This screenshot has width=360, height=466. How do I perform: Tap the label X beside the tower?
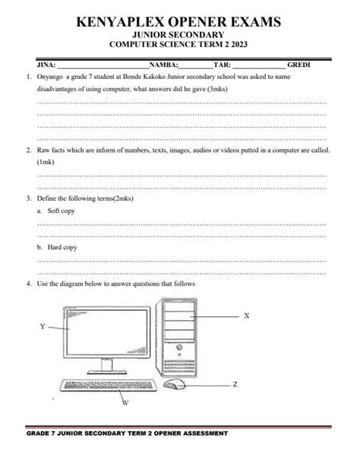pyautogui.click(x=248, y=315)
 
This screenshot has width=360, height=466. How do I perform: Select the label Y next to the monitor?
pyautogui.click(x=43, y=326)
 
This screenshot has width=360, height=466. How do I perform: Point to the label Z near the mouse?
pyautogui.click(x=235, y=385)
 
